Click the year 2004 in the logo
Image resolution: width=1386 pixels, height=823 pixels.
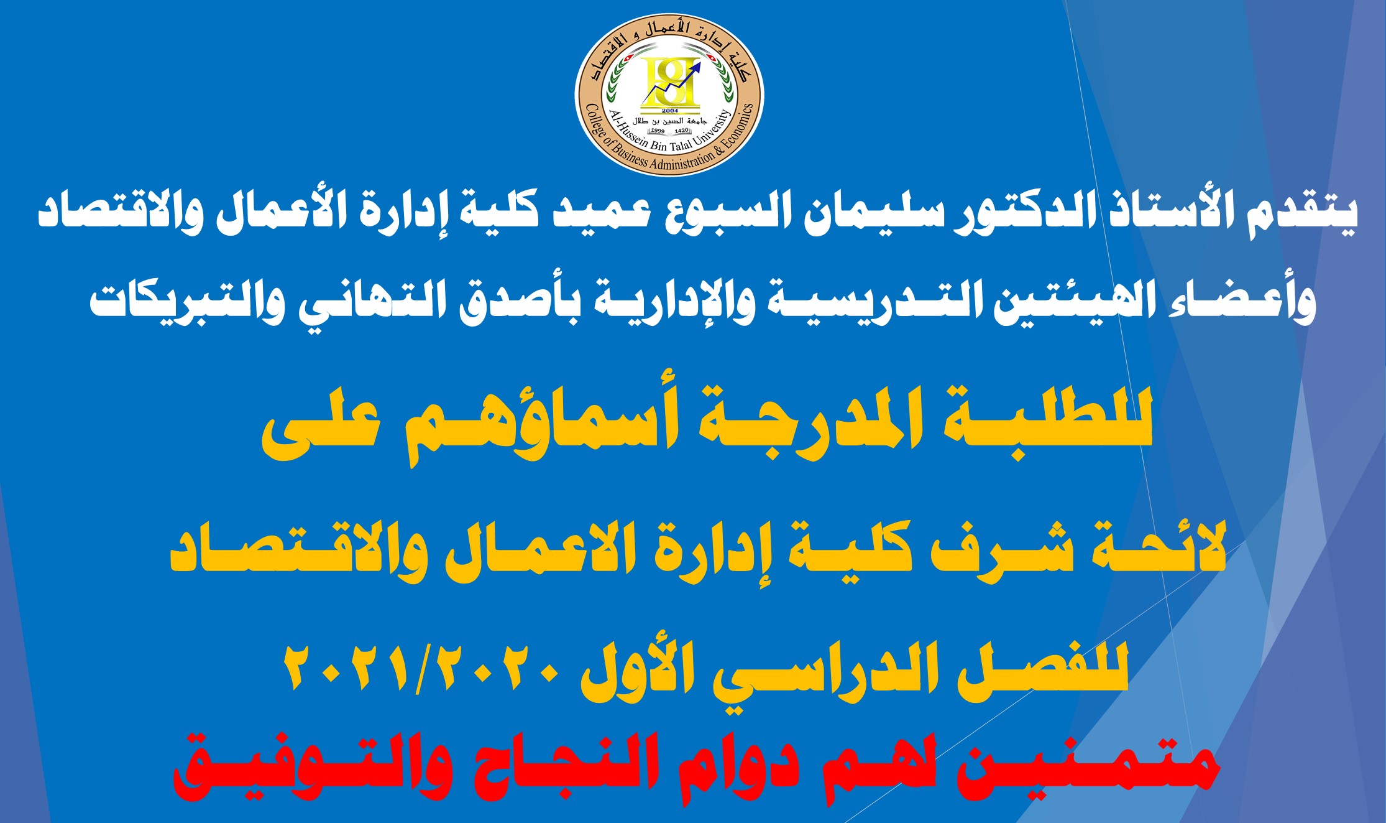[x=670, y=111]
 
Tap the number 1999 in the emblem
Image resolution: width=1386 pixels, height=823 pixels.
[x=657, y=131]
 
